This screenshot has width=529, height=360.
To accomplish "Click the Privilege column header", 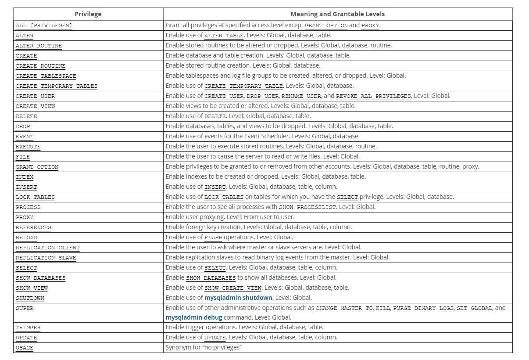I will pos(88,14).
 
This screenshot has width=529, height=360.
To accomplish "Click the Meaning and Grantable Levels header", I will pos(338,14).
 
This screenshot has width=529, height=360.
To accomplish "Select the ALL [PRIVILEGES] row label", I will pos(44,25).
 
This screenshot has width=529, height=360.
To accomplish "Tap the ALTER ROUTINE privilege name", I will pos(39,46).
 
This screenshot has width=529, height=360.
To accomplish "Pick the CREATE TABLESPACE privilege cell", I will pos(46,76).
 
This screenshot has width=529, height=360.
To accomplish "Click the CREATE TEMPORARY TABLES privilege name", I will pos(57,86).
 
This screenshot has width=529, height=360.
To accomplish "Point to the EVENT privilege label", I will pos(25,137).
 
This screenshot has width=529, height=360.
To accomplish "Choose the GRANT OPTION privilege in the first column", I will pos(37,167).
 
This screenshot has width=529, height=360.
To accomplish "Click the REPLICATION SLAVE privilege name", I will pos(46,258).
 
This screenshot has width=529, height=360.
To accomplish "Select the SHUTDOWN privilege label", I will pos(30,298).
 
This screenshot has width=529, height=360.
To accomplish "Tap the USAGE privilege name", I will pos(25,348).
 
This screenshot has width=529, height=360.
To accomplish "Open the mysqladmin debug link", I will pos(194,317).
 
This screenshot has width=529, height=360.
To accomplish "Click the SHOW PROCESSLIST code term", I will pos(307,207).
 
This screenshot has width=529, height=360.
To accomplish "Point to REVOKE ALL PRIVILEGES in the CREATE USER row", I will pos(373,96).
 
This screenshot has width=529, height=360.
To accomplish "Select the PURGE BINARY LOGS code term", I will pos(423,308).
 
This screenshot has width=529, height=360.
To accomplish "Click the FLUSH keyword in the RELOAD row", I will pos(213,238).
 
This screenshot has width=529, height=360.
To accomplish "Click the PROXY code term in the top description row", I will pos(370,25).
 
